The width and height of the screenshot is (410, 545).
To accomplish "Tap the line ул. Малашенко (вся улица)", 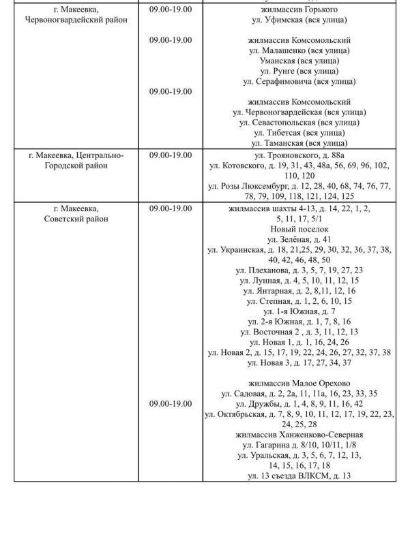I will click(x=299, y=50).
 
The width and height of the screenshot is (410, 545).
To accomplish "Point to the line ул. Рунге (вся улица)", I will click(x=299, y=71).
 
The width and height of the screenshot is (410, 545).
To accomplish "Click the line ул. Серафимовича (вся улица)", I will click(x=299, y=81).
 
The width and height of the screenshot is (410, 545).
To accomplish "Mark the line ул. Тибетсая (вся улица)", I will click(x=299, y=133).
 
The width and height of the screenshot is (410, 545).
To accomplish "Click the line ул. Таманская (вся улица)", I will click(x=299, y=143).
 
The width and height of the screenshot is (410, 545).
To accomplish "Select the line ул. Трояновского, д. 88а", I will click(x=299, y=155).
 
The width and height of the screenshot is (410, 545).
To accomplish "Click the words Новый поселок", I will click(x=299, y=230).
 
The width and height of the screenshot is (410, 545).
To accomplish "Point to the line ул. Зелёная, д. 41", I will click(x=299, y=240).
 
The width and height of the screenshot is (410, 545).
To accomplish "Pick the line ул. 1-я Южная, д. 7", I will click(x=299, y=311).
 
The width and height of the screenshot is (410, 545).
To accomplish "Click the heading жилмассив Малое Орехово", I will click(x=299, y=383).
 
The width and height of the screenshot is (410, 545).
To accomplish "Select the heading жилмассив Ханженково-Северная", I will click(x=299, y=435).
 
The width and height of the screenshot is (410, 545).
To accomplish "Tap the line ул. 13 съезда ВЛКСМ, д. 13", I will click(x=299, y=476).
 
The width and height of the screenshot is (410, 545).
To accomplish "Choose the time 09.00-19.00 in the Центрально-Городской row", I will click(x=171, y=155).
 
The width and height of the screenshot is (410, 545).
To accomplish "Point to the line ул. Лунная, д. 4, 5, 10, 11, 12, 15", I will click(x=299, y=281).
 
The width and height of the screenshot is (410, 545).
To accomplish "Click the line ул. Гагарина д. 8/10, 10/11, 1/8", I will click(x=299, y=445).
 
